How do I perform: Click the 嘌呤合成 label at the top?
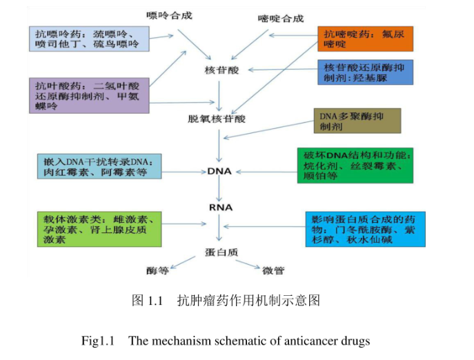170,14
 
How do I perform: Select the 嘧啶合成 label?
280,19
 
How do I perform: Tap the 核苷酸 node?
221,71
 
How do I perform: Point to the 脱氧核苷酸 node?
217,119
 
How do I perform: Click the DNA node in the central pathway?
219,170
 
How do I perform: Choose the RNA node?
220,207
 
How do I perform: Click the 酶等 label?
157,271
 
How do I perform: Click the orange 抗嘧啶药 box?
364,39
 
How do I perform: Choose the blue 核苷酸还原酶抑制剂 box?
364,72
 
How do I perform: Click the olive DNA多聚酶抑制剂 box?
356,121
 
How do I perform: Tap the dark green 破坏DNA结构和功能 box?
355,165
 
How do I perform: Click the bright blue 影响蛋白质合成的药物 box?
365,229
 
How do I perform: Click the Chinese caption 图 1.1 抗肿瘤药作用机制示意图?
226,301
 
